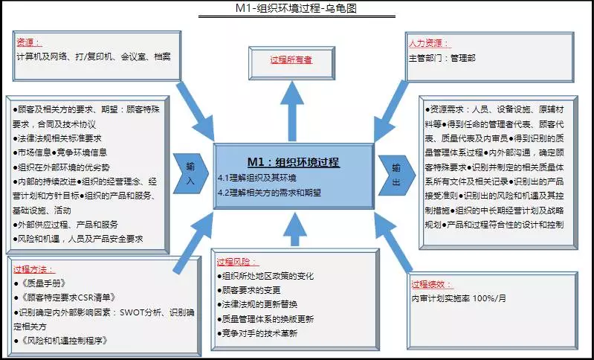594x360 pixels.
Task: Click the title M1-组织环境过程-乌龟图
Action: coord(296,8)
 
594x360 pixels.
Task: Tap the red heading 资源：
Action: coord(29,42)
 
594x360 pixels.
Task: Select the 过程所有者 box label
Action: coord(291,60)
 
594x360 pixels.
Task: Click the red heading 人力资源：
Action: coord(430,43)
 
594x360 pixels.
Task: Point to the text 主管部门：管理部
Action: coord(442,58)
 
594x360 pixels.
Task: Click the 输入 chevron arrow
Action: coord(190,173)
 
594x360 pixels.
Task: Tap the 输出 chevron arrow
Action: coord(397,175)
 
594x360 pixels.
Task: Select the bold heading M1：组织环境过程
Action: coord(294,162)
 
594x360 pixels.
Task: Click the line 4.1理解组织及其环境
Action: coord(257,178)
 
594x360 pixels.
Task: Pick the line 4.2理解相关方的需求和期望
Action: coord(269,193)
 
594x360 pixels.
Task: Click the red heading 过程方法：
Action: coord(34,269)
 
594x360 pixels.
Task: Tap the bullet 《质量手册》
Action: coord(40,283)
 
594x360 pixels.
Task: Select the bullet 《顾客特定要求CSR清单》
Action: coord(65,298)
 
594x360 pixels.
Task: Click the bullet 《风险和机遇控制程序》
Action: coord(61,341)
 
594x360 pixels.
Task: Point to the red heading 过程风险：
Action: coord(238,262)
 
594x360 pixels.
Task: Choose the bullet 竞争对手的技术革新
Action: coord(257,333)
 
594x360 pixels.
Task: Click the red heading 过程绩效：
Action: coord(432,284)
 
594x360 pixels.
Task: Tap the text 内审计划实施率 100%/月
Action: coord(459,298)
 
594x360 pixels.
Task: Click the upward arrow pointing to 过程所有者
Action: coord(292,112)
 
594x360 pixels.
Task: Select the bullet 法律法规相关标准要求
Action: coord(57,138)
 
